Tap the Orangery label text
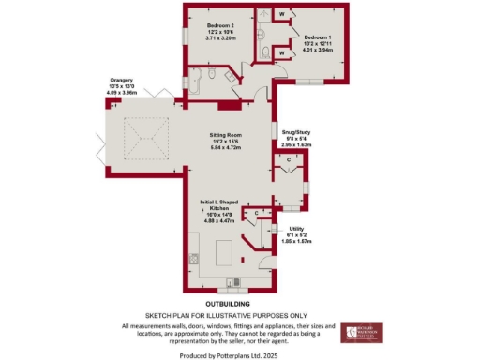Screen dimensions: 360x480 click(x=123, y=82)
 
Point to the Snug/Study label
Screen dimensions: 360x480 click(x=297, y=133)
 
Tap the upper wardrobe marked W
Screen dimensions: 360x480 click(x=283, y=14)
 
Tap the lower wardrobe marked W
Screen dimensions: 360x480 click(x=283, y=53)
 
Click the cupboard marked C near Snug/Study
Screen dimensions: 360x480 click(x=289, y=160)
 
